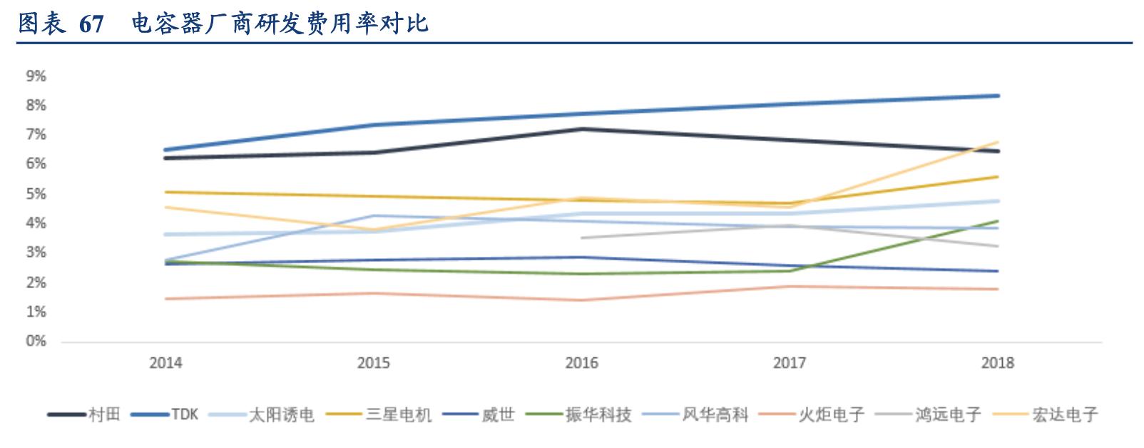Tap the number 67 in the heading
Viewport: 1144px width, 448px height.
(91, 24)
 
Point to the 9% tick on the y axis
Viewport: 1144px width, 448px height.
(36, 76)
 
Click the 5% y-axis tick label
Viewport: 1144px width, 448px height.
(36, 193)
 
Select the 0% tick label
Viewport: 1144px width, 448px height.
(36, 341)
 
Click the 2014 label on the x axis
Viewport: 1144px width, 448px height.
(165, 363)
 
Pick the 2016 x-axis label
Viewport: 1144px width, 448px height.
(581, 363)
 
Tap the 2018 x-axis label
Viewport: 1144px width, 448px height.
(997, 363)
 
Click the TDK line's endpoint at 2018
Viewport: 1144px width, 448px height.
(997, 96)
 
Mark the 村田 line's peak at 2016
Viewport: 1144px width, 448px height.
(583, 129)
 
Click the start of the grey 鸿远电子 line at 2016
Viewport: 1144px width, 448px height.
(582, 238)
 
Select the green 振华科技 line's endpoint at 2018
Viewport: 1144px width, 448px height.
(997, 221)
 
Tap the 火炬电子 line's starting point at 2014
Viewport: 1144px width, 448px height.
(165, 299)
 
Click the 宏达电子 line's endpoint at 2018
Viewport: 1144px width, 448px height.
(997, 142)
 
